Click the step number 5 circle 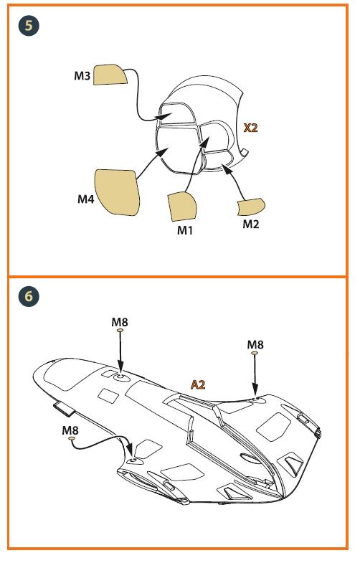click(x=29, y=26)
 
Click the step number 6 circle click(x=29, y=296)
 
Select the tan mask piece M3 click(x=110, y=75)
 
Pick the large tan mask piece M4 click(x=117, y=192)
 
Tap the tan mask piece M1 click(x=182, y=207)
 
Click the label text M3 click(x=82, y=76)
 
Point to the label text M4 click(x=86, y=199)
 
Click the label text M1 click(x=185, y=230)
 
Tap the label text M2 click(x=251, y=224)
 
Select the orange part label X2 click(x=250, y=128)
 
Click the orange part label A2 click(x=198, y=384)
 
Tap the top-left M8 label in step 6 click(x=120, y=322)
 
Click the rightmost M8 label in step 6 click(x=255, y=345)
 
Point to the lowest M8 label click(x=70, y=430)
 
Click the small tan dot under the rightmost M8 click(x=255, y=354)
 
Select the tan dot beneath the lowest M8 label click(x=72, y=438)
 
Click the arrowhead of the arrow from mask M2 click(x=225, y=168)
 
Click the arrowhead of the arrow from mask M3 click(x=166, y=115)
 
